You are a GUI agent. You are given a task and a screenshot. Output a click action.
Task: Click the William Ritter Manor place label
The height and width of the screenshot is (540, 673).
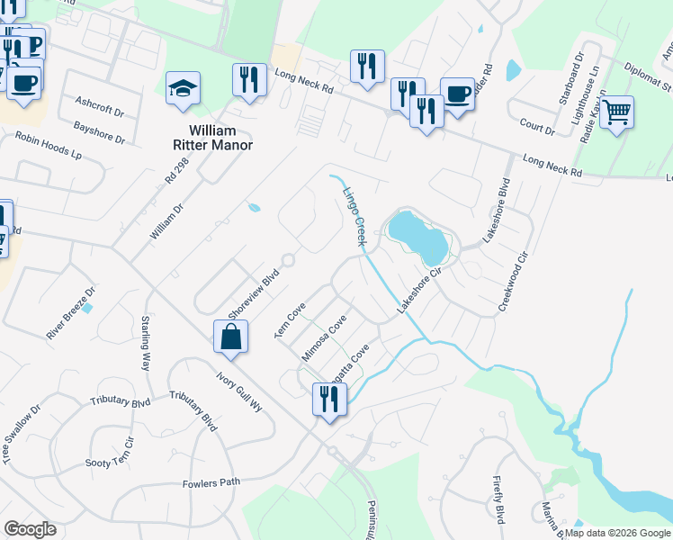[212, 138]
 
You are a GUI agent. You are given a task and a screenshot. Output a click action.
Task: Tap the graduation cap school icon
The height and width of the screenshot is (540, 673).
[184, 90]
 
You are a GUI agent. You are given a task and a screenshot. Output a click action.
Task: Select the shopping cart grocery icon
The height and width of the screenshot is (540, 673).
[616, 113]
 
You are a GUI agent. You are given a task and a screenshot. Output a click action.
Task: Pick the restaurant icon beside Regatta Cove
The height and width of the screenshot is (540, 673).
[328, 399]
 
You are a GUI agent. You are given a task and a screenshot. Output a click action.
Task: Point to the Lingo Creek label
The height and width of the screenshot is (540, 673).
[354, 217]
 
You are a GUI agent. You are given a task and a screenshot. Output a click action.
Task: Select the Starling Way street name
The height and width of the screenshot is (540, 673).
[146, 343]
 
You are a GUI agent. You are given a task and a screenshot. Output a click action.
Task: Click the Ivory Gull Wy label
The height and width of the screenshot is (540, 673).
[238, 392]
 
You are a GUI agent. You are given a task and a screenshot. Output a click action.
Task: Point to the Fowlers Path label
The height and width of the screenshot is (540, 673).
[211, 483]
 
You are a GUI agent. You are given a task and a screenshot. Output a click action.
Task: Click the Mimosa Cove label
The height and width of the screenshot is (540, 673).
[324, 337]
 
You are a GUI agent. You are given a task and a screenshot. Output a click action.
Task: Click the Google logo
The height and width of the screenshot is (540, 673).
[30, 529]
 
